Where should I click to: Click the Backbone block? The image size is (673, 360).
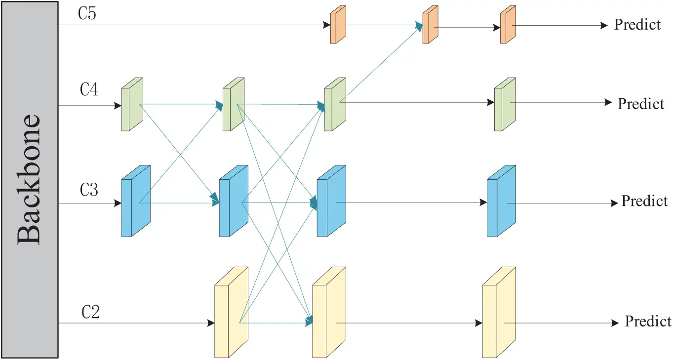(x=30, y=179)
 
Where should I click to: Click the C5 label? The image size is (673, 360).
(x=87, y=13)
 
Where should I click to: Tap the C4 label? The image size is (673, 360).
(x=89, y=91)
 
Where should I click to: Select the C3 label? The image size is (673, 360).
(x=89, y=190)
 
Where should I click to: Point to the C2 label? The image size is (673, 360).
(x=91, y=312)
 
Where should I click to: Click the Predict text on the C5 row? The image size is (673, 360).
(x=637, y=24)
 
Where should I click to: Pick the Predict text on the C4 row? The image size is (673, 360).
(x=641, y=104)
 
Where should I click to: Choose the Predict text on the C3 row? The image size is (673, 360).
(x=644, y=201)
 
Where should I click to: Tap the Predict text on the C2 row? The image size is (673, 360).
(x=648, y=321)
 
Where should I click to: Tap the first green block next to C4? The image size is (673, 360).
(x=132, y=104)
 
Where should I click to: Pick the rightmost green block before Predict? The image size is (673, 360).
(x=505, y=104)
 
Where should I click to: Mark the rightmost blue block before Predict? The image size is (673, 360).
(x=501, y=201)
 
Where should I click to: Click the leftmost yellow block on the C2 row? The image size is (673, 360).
(x=231, y=312)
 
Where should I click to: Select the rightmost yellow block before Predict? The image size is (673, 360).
(x=499, y=312)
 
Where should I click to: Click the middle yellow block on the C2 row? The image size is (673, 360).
(x=329, y=312)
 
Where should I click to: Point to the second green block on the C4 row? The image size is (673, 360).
(x=234, y=104)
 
